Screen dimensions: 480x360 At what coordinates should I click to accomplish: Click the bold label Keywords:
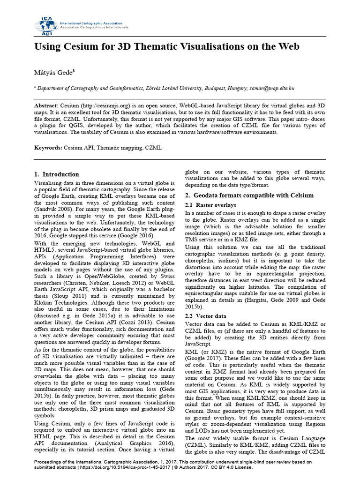click(48, 148)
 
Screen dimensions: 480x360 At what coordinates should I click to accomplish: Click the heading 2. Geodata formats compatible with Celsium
click(249, 195)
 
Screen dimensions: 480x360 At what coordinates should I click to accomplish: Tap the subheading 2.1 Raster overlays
click(210, 205)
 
